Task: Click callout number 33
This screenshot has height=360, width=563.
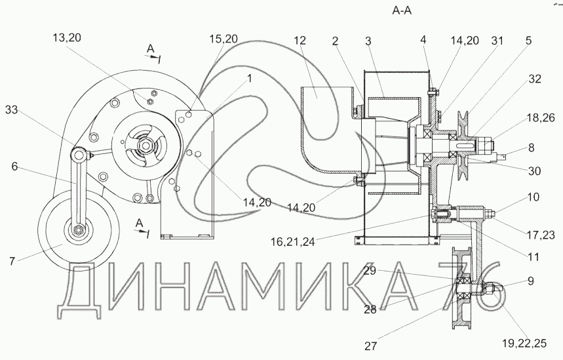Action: click(12, 110)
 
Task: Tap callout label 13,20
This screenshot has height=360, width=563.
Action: click(67, 37)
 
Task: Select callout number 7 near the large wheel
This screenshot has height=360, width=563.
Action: click(12, 261)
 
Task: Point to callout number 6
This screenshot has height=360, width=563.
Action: click(14, 167)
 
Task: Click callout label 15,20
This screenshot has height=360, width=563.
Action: click(223, 39)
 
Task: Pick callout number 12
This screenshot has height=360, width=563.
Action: click(300, 40)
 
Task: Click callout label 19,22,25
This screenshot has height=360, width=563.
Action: click(524, 344)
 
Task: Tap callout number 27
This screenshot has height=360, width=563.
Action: click(371, 346)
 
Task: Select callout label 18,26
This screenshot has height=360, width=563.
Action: click(541, 117)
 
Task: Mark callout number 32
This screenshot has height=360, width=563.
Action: click(535, 79)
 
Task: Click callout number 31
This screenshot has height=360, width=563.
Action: click(497, 41)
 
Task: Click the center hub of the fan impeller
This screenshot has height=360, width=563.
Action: click(146, 146)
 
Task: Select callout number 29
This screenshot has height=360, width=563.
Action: click(370, 271)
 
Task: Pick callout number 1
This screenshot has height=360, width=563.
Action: click(249, 78)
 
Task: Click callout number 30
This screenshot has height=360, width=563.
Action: click(535, 170)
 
